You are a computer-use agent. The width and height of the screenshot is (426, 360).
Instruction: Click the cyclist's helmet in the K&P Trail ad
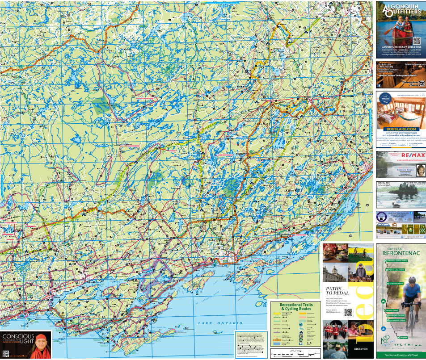[x=412, y=280]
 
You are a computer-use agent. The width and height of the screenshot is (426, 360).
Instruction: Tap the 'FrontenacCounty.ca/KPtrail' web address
[x=401, y=354]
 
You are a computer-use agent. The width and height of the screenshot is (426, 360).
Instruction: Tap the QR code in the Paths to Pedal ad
[x=348, y=313]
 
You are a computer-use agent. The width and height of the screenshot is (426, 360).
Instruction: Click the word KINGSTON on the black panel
[x=361, y=348]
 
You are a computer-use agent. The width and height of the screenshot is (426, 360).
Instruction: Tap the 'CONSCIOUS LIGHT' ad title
[x=18, y=338]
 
